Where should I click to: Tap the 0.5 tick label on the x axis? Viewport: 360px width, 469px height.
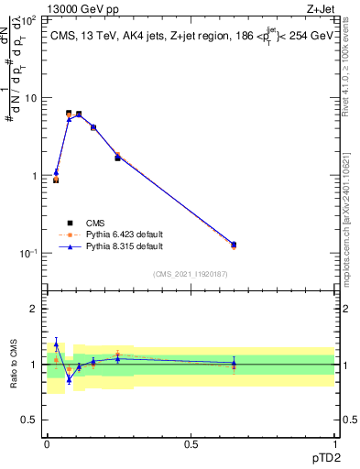tap(191, 443)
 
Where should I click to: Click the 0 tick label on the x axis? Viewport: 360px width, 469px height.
tap(47, 443)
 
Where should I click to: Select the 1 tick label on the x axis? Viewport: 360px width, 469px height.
tap(334, 443)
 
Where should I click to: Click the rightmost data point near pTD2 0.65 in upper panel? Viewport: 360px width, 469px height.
tap(234, 245)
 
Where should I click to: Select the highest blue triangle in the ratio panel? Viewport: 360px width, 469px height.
tap(56, 344)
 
